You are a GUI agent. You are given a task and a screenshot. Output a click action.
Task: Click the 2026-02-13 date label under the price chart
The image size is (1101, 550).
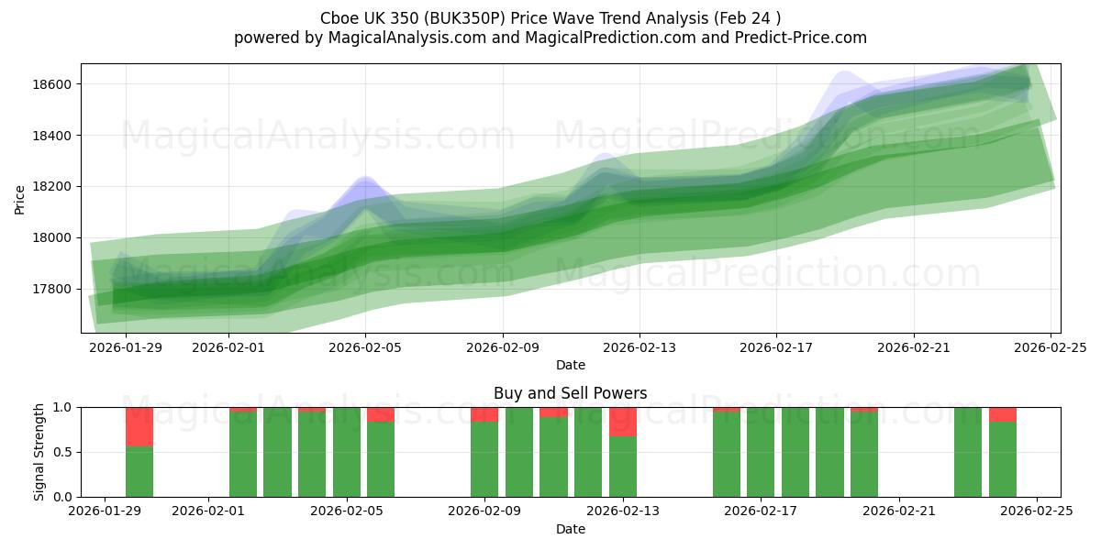[639, 348]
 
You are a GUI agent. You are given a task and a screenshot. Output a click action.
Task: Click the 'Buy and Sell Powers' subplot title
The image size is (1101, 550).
[570, 393]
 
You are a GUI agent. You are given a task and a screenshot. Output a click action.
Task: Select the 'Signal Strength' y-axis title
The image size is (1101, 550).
[39, 452]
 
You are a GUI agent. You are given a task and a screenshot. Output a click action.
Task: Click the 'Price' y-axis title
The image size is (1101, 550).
[20, 199]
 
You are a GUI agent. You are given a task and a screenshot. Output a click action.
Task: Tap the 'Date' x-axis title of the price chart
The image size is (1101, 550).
[570, 366]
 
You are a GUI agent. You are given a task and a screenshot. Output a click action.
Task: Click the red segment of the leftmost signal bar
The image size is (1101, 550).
[139, 426]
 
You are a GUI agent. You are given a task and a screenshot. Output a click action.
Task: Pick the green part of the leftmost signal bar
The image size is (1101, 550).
[139, 471]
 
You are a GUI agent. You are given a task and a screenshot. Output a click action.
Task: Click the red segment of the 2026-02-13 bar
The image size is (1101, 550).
[623, 422]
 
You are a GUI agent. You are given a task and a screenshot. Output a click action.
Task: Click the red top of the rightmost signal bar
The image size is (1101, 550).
[1003, 414]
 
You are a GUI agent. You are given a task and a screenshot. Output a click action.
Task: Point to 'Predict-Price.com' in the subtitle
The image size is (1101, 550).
[803, 38]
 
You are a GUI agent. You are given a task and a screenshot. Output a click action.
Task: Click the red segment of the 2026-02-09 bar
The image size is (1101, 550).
[484, 414]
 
